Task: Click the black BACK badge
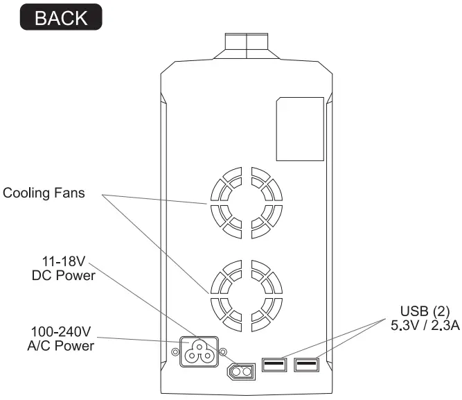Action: pos(62,17)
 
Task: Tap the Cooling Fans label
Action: pos(44,192)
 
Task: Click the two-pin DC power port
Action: pos(242,372)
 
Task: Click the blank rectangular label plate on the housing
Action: pos(300,130)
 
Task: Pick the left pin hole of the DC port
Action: pos(236,372)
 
